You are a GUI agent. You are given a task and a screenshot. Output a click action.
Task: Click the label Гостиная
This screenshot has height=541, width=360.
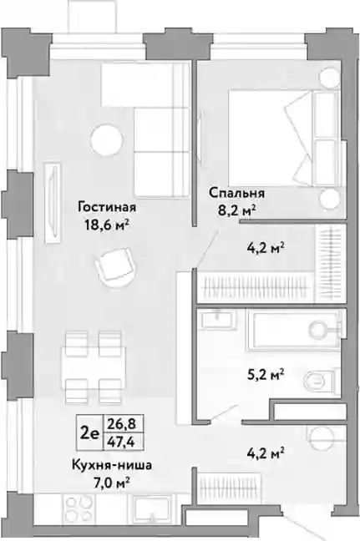(x=107, y=207)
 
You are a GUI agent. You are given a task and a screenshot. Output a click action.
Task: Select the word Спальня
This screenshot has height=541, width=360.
(x=236, y=193)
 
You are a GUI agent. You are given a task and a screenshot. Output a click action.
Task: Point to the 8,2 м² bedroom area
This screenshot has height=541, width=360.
(x=236, y=210)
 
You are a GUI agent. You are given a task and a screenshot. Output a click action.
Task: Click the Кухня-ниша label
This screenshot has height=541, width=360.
(x=112, y=465)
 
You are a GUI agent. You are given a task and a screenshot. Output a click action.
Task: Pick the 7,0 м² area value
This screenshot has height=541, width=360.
(x=112, y=482)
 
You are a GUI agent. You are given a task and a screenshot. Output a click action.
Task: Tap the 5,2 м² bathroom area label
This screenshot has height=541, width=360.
(x=266, y=374)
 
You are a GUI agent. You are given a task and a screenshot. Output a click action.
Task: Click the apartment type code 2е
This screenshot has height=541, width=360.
(x=89, y=432)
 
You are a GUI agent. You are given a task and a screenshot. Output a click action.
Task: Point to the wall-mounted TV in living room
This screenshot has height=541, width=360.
(x=53, y=203)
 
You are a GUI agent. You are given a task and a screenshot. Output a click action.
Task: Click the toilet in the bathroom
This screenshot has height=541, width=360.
(x=320, y=382)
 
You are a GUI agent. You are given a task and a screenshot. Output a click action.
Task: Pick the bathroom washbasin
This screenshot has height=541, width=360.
(x=217, y=319)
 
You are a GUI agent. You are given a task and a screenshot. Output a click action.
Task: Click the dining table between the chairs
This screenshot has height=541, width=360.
(x=94, y=367)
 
